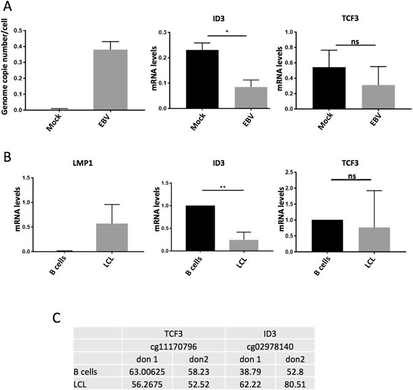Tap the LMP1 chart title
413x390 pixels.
pyautogui.click(x=67, y=163)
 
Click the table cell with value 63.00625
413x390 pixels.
pyautogui.click(x=147, y=370)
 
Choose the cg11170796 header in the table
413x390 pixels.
pyautogui.click(x=173, y=345)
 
